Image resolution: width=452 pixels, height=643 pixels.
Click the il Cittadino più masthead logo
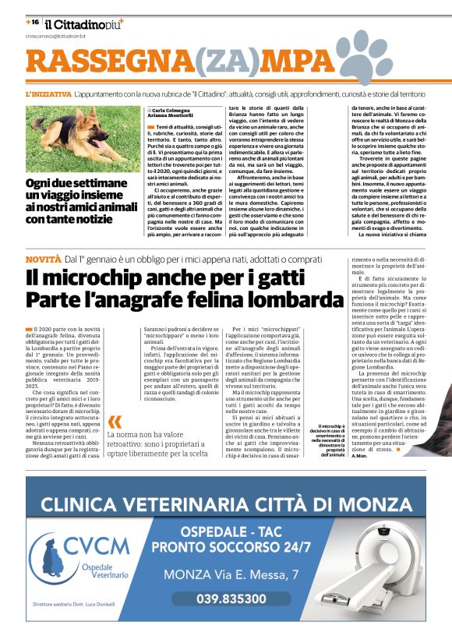click(83, 24)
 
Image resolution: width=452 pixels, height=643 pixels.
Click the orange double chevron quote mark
click(115, 422)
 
